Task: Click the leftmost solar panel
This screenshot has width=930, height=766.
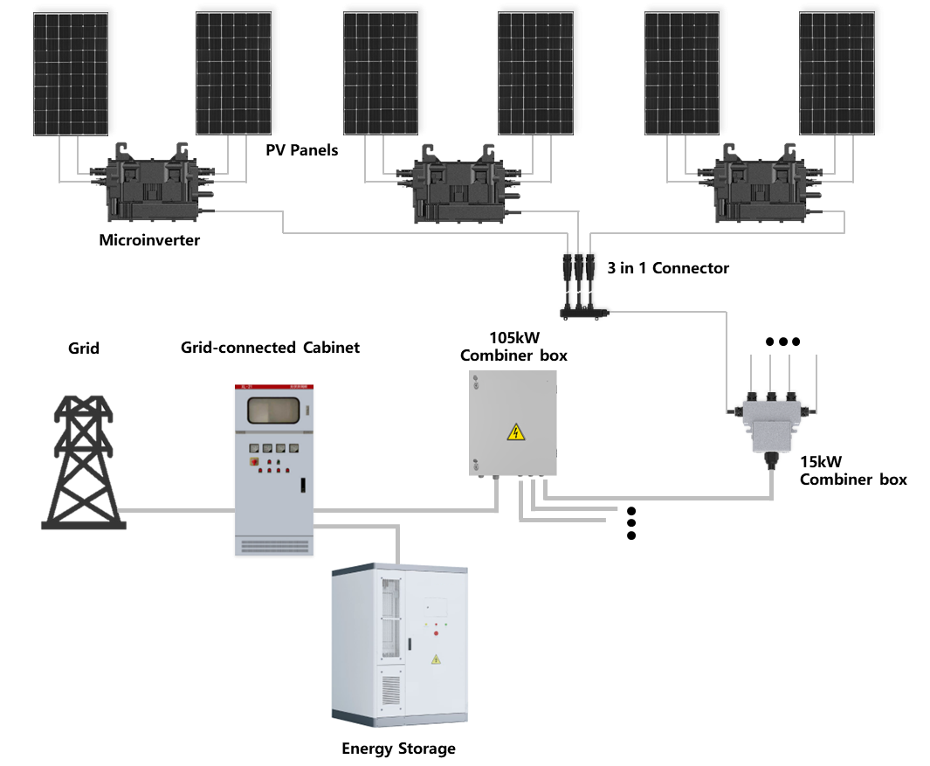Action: coord(73,70)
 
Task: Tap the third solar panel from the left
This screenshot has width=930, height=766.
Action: coord(383,70)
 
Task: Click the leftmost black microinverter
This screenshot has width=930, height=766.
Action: coord(153,185)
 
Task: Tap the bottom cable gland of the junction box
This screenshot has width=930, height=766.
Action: coord(771,459)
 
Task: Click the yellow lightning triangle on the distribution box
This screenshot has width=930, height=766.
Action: coord(516,431)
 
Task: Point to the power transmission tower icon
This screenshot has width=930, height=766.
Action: coord(83,463)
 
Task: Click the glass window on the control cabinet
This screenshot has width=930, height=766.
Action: coord(274,411)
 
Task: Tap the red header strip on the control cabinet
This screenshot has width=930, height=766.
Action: coord(274,387)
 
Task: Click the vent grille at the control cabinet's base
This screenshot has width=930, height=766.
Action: coord(274,546)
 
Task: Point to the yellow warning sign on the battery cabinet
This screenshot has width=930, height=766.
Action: coord(437,659)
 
